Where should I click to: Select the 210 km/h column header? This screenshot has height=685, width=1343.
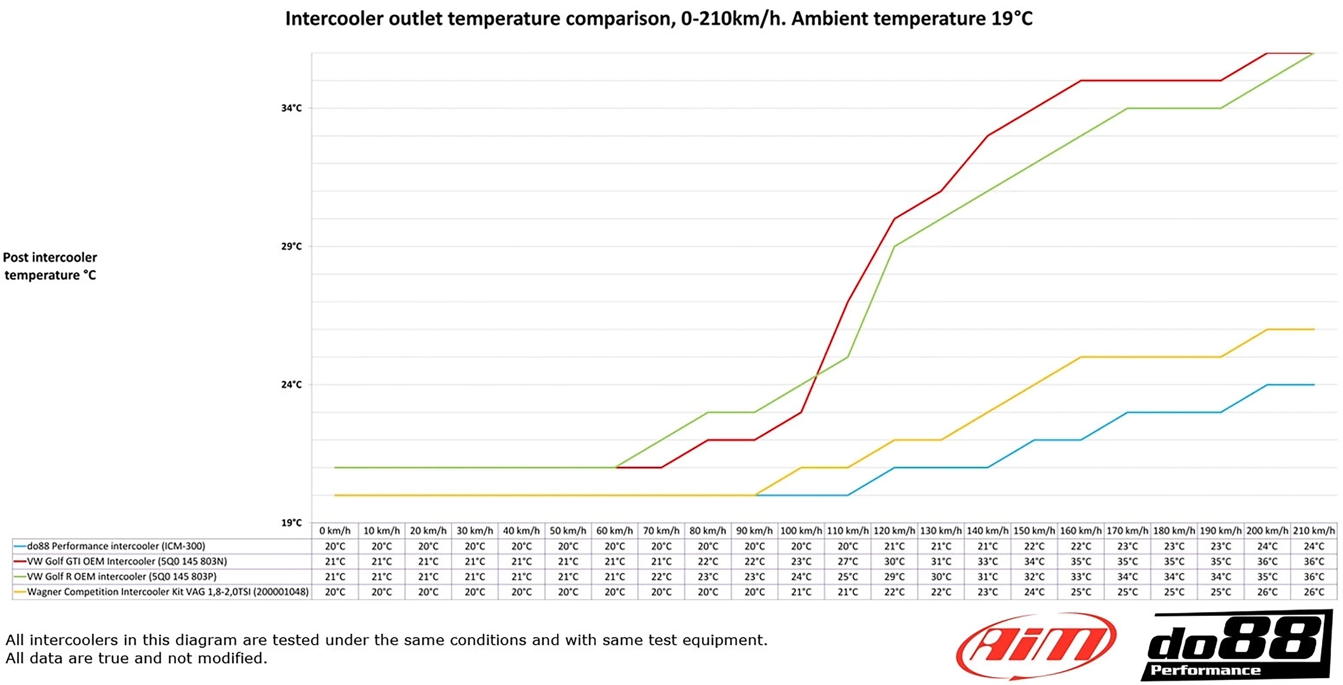[1314, 531]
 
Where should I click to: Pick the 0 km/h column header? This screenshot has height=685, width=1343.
[335, 531]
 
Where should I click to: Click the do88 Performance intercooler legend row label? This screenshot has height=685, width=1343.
[116, 546]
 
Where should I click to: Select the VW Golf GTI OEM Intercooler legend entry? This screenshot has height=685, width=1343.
[127, 561]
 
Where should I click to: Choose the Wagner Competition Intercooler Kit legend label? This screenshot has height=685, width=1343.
[167, 592]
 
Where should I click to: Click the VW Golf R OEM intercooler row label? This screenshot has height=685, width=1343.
[122, 577]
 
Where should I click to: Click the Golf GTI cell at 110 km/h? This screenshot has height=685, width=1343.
[848, 561]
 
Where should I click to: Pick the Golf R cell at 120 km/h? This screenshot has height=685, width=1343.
[894, 577]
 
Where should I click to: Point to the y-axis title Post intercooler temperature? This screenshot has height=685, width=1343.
[50, 266]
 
